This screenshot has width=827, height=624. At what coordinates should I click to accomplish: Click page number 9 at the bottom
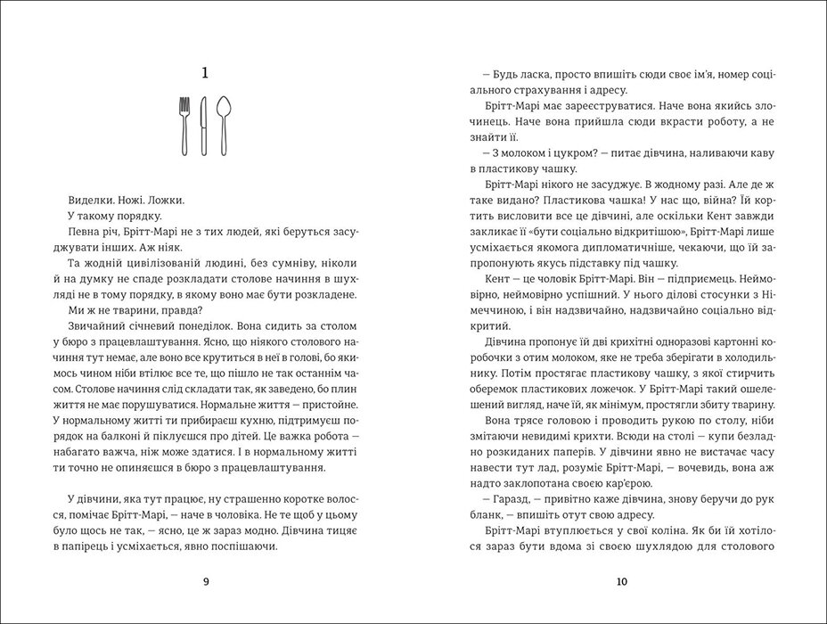(x=206, y=582)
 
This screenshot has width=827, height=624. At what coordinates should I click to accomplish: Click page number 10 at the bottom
(x=622, y=582)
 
